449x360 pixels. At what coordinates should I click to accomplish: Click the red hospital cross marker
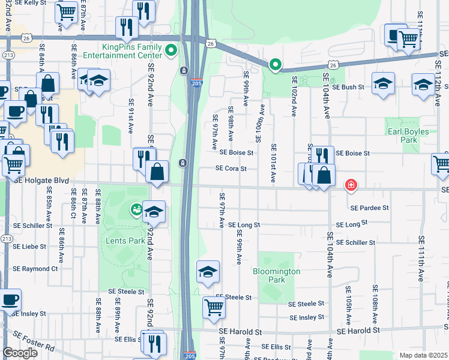349,185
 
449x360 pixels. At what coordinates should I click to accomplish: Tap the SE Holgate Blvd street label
41,180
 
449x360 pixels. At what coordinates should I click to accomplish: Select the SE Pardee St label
370,208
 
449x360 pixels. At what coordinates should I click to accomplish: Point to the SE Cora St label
231,169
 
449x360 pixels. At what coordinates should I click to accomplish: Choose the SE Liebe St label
29,246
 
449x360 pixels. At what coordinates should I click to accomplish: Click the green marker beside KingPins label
171,50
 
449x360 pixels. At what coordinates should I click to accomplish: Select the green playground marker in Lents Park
136,209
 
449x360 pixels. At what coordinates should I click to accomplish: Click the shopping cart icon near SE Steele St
214,307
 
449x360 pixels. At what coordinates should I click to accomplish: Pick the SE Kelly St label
27,3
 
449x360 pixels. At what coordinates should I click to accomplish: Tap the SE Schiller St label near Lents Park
32,229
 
